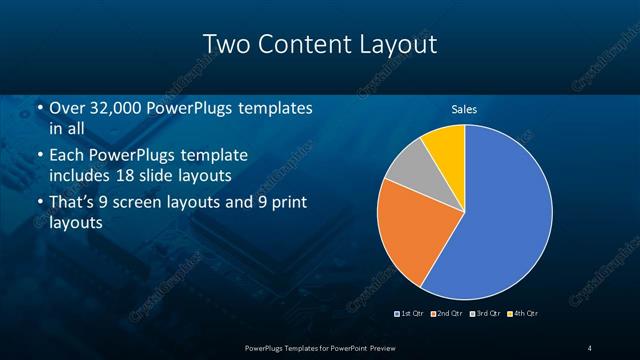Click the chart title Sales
(x=464, y=108)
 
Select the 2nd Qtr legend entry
(x=447, y=314)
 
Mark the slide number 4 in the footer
(x=590, y=347)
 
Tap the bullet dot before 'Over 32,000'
(x=39, y=109)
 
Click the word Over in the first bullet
(x=67, y=109)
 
